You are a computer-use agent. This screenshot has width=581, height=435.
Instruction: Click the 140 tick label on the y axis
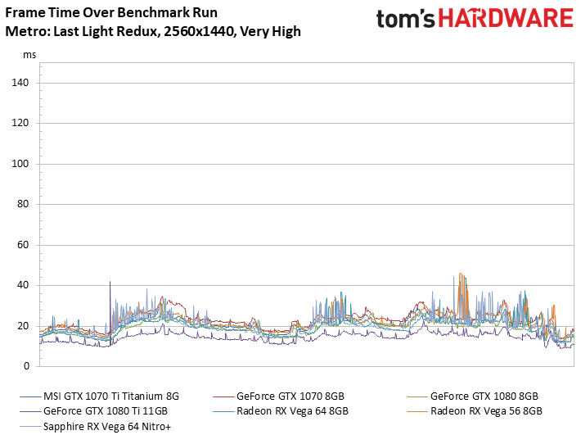[20, 83]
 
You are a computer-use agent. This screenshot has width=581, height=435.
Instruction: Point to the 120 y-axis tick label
[20, 124]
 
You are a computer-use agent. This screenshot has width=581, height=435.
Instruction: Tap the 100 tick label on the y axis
[20, 164]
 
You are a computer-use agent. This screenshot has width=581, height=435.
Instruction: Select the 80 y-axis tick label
[23, 205]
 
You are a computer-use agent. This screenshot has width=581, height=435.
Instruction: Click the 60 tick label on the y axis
[23, 245]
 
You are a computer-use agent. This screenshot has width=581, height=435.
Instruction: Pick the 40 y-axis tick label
[23, 286]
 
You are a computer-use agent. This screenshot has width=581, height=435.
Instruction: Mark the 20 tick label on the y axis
[23, 326]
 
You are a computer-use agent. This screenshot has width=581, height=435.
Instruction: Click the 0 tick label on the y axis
[25, 366]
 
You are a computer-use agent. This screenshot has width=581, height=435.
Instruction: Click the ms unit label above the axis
[29, 55]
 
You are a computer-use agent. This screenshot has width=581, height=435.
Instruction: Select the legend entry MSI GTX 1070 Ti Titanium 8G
[110, 396]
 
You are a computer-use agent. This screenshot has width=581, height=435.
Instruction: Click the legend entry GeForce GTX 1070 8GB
[290, 396]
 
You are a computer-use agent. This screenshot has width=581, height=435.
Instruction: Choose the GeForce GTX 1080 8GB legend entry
[484, 396]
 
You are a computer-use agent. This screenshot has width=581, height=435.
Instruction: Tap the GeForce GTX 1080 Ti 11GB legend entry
[106, 411]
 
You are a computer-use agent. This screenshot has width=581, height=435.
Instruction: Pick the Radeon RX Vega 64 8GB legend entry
[292, 411]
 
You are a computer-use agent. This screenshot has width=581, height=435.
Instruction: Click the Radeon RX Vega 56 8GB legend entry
[485, 411]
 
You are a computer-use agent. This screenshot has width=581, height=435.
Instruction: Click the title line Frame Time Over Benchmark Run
[95, 14]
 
